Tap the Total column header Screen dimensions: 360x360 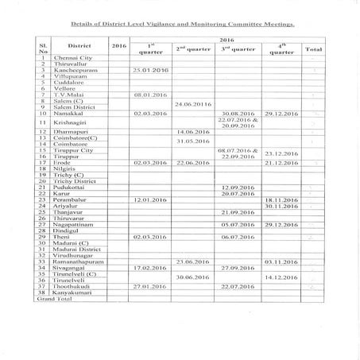point(313,49)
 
